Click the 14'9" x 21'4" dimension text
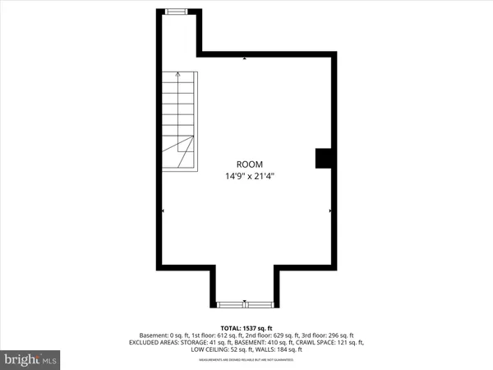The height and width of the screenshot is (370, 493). point(249,176)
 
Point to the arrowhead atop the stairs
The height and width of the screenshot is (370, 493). point(179,76)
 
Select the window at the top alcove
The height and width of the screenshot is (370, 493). point(176,11)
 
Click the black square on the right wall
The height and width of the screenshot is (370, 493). point(323,158)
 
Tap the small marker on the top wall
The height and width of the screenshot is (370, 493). point(245,58)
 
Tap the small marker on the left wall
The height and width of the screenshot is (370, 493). point(162,211)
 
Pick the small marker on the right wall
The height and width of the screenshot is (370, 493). point(330,211)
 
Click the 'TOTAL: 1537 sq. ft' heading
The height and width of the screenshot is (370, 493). point(247,327)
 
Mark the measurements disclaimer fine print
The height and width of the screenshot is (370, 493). point(247,358)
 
